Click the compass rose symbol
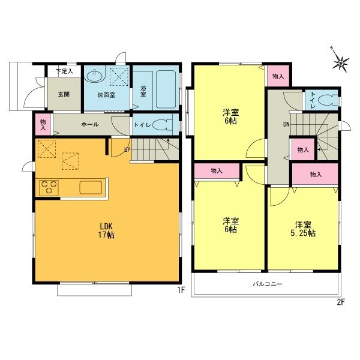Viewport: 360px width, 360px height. [341, 61]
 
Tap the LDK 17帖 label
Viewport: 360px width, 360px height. [107, 230]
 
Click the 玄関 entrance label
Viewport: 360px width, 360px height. [64, 94]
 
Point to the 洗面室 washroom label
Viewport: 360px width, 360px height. [106, 94]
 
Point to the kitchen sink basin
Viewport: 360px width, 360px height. [91, 187]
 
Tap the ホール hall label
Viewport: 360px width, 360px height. [90, 124]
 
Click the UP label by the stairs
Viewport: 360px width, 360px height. [127, 148]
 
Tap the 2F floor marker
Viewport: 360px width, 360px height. [340, 301]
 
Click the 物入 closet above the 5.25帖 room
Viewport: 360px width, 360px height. [316, 174]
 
